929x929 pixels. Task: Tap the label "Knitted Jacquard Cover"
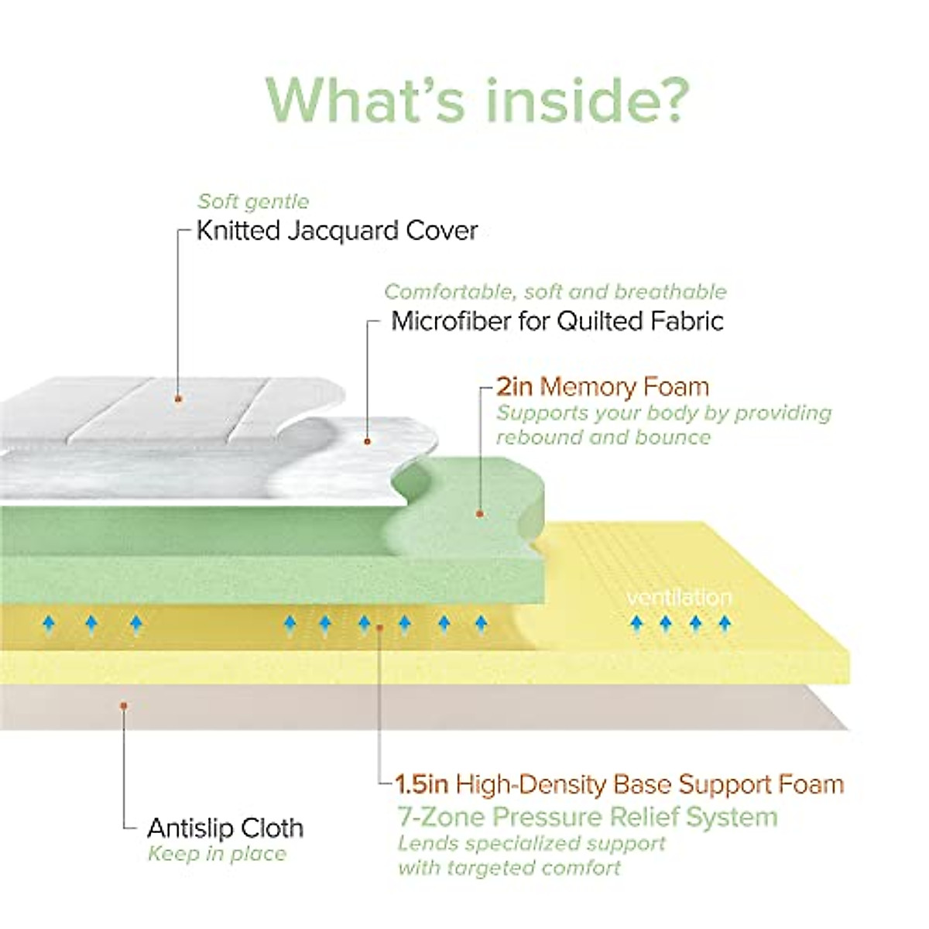tap(337, 231)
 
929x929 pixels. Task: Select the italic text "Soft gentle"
tap(253, 201)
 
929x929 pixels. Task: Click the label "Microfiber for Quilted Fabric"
tap(557, 321)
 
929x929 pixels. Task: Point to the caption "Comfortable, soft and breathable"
tap(555, 292)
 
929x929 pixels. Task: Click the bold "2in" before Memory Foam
tap(515, 386)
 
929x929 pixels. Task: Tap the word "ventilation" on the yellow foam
tap(679, 598)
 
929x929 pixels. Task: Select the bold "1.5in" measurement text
tap(423, 784)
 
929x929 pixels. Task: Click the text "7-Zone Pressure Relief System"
tap(588, 817)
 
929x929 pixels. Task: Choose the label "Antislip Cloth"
tap(225, 828)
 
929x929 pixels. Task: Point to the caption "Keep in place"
tap(217, 854)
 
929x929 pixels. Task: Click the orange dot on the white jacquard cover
tap(179, 399)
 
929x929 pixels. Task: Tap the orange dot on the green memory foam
tap(479, 512)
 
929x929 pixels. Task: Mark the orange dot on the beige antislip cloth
tap(123, 705)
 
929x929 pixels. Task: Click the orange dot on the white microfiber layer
tap(368, 441)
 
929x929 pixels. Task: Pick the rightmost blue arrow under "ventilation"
tap(724, 623)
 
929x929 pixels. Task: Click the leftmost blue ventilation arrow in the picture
tap(49, 623)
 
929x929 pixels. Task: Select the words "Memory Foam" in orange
tap(624, 386)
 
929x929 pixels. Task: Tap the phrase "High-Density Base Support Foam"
tap(650, 784)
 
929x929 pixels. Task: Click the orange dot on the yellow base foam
tap(379, 626)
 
